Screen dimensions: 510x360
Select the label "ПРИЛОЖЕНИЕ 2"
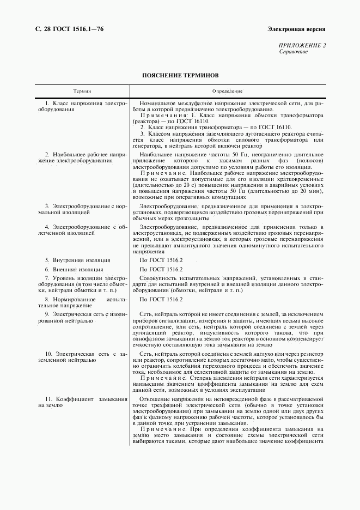[x=302, y=46]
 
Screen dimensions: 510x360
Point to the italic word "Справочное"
[x=294, y=52]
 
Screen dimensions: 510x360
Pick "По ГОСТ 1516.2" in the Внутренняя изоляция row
[x=161, y=260]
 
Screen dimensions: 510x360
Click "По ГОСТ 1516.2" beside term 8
[x=161, y=300]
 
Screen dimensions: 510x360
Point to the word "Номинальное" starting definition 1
[x=158, y=103]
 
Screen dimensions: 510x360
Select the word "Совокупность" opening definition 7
[x=159, y=278]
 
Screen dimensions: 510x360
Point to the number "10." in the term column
[x=50, y=355]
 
